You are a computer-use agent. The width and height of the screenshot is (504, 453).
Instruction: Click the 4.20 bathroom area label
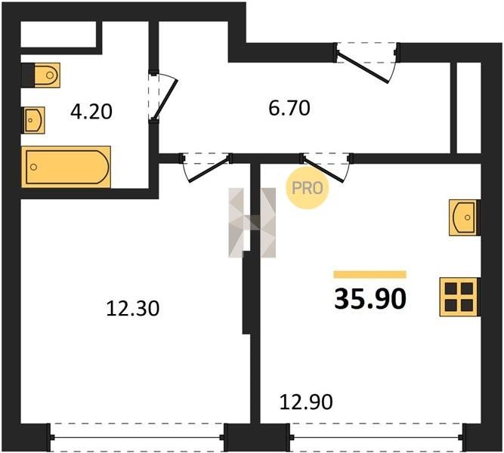tap(91, 112)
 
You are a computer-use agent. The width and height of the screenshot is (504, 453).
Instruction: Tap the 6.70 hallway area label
tap(289, 108)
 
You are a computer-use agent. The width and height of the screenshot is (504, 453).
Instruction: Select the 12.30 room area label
tap(133, 309)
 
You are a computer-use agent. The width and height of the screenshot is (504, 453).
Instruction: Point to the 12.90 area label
tap(306, 402)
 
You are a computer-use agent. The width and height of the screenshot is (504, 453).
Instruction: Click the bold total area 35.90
tap(370, 299)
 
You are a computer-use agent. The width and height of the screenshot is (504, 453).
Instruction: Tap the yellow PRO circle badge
tap(308, 188)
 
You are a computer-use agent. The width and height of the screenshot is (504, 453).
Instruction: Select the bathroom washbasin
tap(33, 120)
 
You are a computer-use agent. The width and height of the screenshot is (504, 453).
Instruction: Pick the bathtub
tap(66, 167)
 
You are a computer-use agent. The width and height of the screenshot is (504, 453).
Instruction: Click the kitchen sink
tap(464, 217)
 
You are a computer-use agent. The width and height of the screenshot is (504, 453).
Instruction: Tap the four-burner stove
tap(459, 297)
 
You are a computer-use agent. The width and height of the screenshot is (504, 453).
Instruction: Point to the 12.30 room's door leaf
tap(209, 169)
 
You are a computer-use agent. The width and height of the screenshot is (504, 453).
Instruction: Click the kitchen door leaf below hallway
tap(323, 169)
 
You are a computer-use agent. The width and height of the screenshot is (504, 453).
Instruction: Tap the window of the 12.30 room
tap(137, 437)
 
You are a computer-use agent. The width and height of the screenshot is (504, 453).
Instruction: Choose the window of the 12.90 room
tap(376, 437)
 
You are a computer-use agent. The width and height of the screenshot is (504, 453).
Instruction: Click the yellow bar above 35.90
tap(370, 274)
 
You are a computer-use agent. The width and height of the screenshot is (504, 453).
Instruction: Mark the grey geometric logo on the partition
tap(252, 223)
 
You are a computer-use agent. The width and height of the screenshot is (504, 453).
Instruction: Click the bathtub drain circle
tap(33, 167)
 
